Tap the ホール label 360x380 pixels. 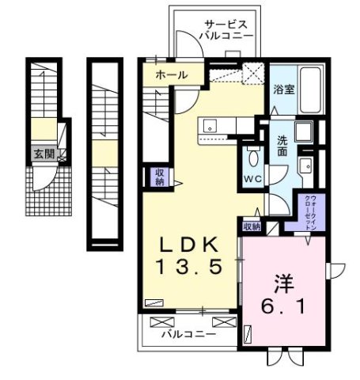[x=171, y=75]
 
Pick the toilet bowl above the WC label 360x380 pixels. [x=253, y=153]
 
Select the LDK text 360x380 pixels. [x=190, y=245]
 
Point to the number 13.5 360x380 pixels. [x=190, y=268]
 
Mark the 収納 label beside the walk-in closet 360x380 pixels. [x=252, y=226]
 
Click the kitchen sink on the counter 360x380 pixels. [x=210, y=125]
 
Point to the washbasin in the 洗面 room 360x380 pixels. [x=305, y=165]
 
